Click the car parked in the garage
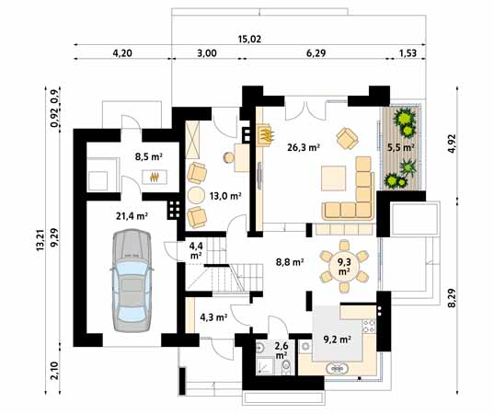click(x=132, y=281)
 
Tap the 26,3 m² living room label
click(x=304, y=147)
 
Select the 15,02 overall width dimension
click(x=249, y=40)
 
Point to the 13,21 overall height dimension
click(x=40, y=240)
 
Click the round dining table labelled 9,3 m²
click(x=344, y=266)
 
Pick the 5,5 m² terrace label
click(x=400, y=147)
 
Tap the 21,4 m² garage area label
click(x=132, y=216)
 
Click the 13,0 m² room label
click(x=225, y=196)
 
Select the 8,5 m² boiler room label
click(x=149, y=156)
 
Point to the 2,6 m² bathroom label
click(x=281, y=351)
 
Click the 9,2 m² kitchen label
click(x=337, y=339)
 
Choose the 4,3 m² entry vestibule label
click(x=213, y=317)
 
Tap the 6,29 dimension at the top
click(x=316, y=53)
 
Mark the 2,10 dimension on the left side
click(x=54, y=371)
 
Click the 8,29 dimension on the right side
click(x=452, y=298)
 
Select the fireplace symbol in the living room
click(x=265, y=135)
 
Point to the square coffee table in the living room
click(x=333, y=178)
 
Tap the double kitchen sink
click(x=337, y=369)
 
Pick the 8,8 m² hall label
click(x=290, y=262)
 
